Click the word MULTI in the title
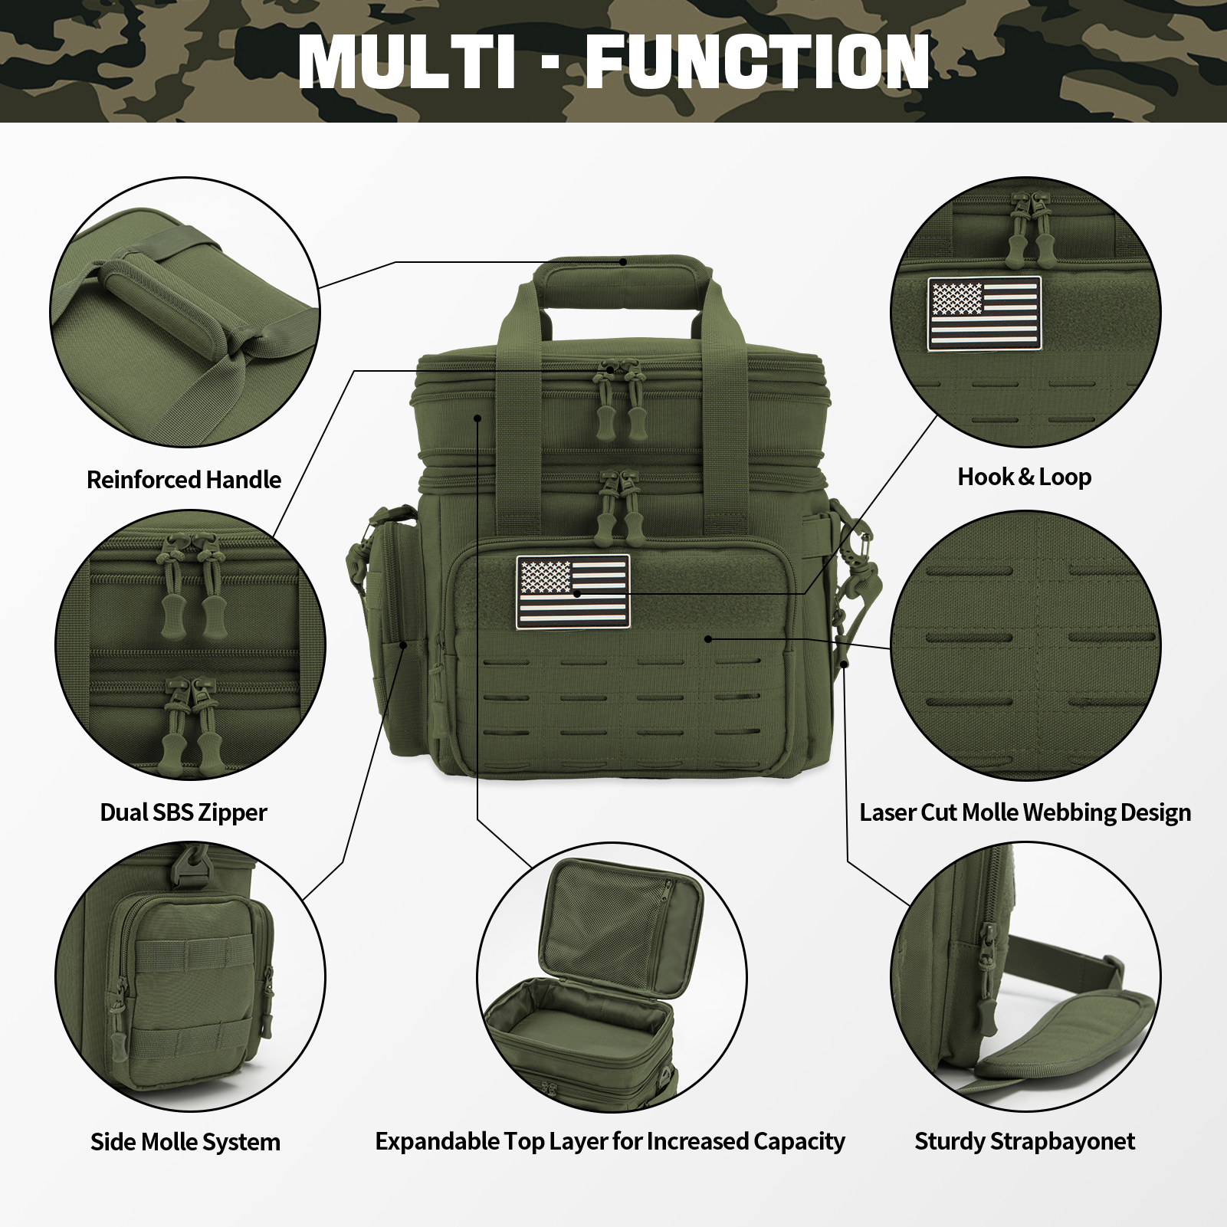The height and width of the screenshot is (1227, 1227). (406, 61)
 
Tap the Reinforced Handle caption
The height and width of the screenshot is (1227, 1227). (184, 480)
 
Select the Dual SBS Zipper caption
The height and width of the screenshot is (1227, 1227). (184, 812)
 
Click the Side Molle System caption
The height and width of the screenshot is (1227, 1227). (185, 1142)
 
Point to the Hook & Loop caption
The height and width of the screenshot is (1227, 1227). (1024, 477)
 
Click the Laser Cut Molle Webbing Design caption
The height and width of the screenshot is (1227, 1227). (1025, 812)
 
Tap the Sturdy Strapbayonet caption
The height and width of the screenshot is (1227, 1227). (1024, 1141)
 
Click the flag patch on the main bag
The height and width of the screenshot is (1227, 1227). (572, 592)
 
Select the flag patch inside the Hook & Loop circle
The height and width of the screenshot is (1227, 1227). (984, 313)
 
